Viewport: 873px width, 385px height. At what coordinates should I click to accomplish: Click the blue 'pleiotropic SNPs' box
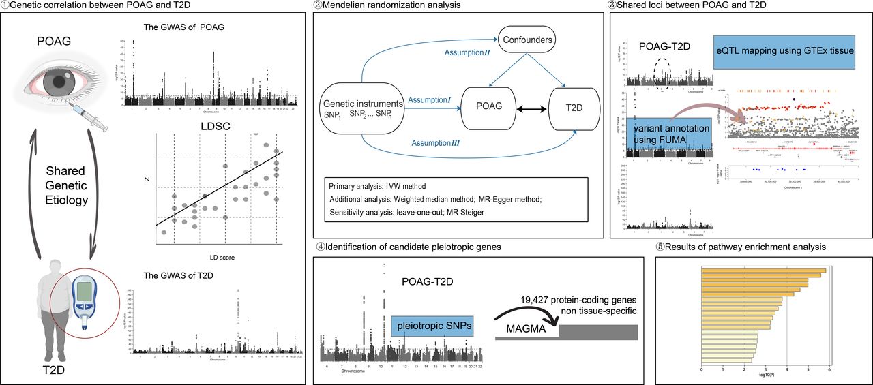[432, 328]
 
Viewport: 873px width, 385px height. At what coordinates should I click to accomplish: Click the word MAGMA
[526, 328]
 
